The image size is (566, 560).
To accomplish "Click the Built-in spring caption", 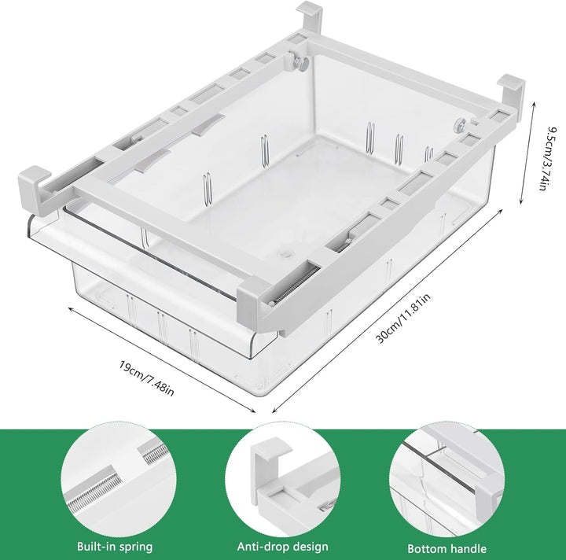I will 115,547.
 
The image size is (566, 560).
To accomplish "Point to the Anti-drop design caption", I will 282,547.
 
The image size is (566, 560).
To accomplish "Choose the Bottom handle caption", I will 447,548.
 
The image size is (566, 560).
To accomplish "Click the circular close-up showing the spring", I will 116,477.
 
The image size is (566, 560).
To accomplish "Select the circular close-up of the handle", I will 446,477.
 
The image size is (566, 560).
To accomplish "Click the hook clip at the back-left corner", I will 309,19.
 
